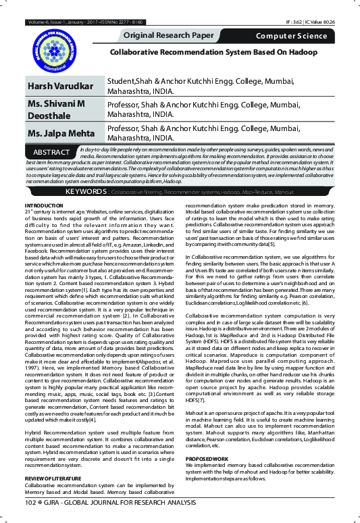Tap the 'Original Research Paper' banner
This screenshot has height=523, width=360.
tap(174, 34)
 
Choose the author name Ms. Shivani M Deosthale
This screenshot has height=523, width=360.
tap(56, 109)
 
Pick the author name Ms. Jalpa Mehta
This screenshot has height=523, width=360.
tap(60, 132)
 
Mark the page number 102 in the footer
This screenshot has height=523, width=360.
tap(30, 503)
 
